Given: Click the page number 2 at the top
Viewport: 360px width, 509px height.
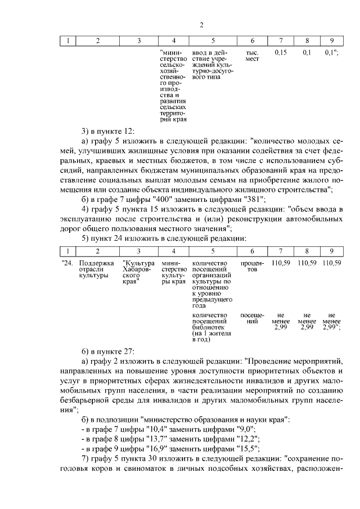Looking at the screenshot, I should coord(201,25).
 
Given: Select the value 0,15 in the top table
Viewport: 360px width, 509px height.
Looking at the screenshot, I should coord(280,52).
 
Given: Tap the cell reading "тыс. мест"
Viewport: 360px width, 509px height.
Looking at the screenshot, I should coord(252,56).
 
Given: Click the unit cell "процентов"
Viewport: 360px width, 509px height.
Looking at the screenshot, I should coord(252,267).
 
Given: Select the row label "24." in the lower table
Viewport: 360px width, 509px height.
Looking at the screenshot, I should coord(67,263).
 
